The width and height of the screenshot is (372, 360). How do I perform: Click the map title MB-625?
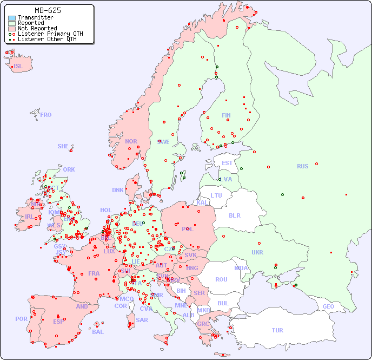[x=48, y=10]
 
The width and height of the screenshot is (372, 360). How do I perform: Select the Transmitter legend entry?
[x=35, y=17]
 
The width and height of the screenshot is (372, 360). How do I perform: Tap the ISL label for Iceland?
[x=18, y=67]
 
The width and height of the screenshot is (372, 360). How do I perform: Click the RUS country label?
[x=302, y=166]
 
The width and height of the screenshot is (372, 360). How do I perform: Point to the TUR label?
[x=277, y=330]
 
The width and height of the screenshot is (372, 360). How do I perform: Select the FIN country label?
[x=226, y=115]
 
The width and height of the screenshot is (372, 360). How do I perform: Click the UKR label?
[x=257, y=252]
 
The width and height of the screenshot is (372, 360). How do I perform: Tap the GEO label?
[x=328, y=306]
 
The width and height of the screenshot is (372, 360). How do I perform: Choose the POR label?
[x=21, y=319]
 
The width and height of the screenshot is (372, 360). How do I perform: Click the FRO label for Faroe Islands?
[x=46, y=115]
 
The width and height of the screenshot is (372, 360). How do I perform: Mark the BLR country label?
[x=235, y=215]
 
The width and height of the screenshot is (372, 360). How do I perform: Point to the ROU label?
[x=221, y=279]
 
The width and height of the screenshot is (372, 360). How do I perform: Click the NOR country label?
[x=131, y=141]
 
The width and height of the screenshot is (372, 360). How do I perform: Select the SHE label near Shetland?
[x=63, y=146]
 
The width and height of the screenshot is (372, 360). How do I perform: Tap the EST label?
[x=227, y=163]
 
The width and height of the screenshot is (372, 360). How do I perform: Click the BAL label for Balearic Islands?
[x=98, y=332]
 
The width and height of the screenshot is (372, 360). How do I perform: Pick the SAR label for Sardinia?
[x=142, y=320]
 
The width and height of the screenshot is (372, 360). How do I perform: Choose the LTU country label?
[x=216, y=195]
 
